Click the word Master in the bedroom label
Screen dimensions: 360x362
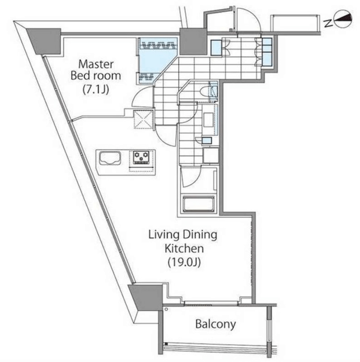[x=96, y=64]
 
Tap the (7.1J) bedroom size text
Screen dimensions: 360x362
[x=96, y=89]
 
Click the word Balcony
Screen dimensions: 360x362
[x=216, y=324]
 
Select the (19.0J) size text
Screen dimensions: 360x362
[x=184, y=262]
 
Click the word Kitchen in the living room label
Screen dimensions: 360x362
[x=184, y=248]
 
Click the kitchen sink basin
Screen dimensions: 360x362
[x=110, y=158]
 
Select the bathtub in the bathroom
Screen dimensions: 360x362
[x=199, y=204]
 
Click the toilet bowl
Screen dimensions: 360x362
[x=206, y=92]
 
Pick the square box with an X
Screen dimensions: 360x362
[x=143, y=119]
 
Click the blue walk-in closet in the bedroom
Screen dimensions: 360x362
[x=157, y=60]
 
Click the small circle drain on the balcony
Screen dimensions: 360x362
[x=166, y=309]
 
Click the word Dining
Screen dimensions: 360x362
[x=200, y=235]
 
